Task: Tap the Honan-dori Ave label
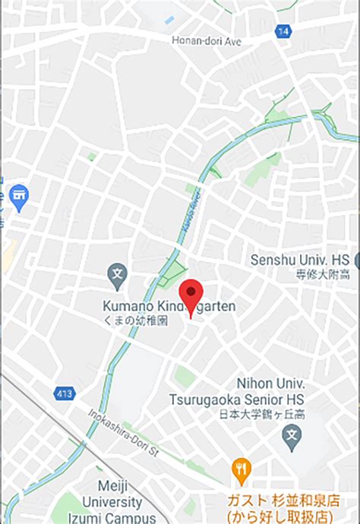[206, 41]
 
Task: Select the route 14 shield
[283, 31]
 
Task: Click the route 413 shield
[65, 393]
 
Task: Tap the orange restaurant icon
[242, 472]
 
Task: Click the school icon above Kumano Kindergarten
[117, 276]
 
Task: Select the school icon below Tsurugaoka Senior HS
[291, 436]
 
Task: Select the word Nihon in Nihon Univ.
[258, 383]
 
